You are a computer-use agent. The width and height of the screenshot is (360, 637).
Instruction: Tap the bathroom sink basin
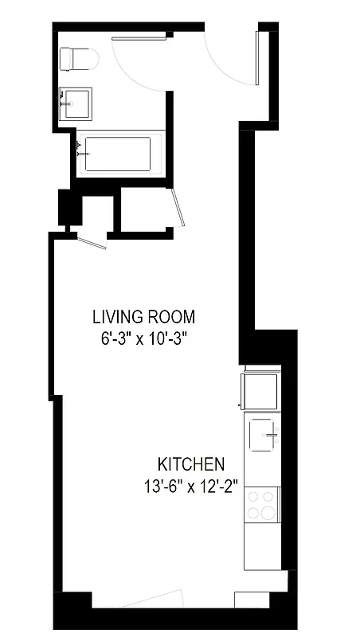76,102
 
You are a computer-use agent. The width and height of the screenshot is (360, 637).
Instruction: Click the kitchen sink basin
264,435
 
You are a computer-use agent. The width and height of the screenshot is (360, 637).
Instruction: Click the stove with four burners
262,504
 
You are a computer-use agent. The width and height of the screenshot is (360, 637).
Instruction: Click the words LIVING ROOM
143,316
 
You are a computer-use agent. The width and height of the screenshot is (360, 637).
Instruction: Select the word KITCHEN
191,464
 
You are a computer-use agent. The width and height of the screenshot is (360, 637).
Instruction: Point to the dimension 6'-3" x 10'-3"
143,337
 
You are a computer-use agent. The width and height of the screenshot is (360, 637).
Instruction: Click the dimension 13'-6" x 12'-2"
191,484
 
